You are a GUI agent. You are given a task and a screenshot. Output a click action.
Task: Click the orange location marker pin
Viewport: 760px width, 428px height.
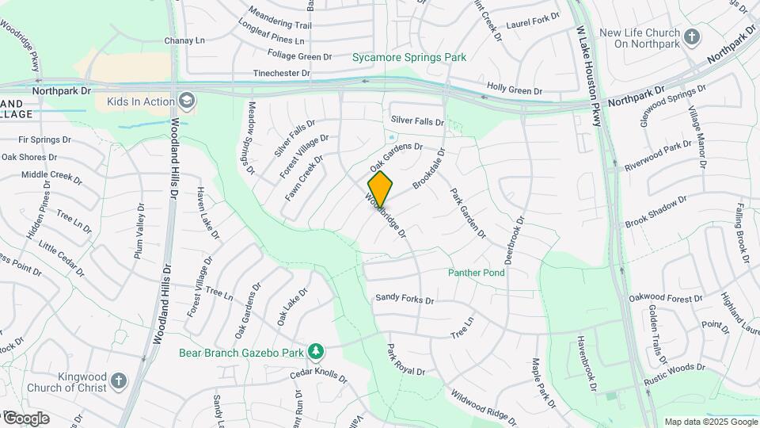[380, 189]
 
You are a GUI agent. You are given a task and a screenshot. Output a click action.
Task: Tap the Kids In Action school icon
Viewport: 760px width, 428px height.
[186, 100]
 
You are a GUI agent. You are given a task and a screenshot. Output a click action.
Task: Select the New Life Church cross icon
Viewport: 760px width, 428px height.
[692, 37]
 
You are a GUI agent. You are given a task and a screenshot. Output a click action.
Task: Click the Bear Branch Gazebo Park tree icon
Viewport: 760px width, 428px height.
[316, 351]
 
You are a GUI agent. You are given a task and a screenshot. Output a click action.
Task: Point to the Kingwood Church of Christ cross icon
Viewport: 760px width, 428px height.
[119, 380]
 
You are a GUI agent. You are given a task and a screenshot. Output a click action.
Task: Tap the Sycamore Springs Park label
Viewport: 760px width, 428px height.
[409, 57]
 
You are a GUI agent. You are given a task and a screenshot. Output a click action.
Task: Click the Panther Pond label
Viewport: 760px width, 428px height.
[476, 273]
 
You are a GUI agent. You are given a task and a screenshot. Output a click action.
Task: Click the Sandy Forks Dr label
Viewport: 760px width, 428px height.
[405, 299]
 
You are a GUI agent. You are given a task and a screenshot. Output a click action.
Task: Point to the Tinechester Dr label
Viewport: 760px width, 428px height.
[281, 73]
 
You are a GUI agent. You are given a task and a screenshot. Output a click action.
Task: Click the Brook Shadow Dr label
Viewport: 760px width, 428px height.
[656, 214]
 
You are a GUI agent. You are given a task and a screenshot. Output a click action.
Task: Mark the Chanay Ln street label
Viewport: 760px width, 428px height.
[184, 40]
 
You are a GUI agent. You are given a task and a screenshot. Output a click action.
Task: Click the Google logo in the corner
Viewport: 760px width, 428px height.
[25, 418]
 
